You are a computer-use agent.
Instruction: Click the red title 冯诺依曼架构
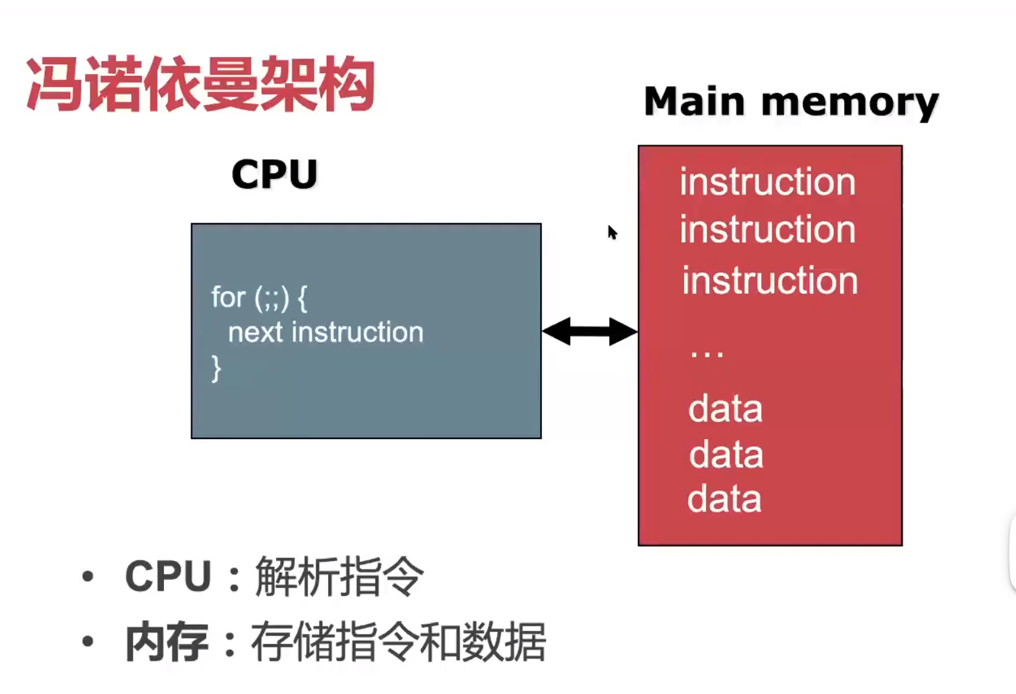(200, 84)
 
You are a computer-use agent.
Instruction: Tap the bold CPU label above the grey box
(274, 174)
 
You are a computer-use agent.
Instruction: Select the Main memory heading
(791, 102)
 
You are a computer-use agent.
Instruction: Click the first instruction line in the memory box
(768, 182)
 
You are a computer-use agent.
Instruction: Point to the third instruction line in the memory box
(770, 280)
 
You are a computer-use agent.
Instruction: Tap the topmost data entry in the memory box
(726, 408)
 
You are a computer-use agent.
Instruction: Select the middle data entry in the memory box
(726, 453)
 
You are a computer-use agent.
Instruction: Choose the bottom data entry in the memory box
(724, 498)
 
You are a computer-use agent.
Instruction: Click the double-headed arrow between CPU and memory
(589, 331)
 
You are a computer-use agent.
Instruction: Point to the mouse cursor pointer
(612, 232)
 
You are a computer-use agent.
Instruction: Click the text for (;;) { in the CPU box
(259, 298)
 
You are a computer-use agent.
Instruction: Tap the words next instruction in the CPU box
(325, 332)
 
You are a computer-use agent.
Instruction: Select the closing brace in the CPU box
(217, 368)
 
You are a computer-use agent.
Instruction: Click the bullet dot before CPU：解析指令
(88, 577)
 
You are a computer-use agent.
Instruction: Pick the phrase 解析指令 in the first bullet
(339, 576)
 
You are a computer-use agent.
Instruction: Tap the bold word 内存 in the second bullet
(167, 641)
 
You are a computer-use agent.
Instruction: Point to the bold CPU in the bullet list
(169, 576)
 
